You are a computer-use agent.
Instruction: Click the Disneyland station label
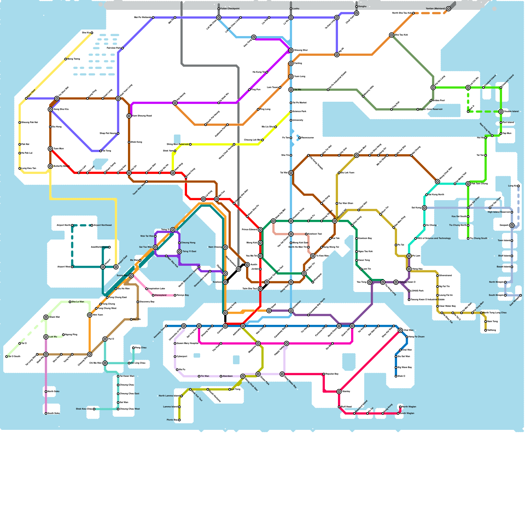pos(160,295)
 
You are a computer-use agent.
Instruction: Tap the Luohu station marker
pos(291,9)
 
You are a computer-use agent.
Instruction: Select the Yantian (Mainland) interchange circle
pos(449,9)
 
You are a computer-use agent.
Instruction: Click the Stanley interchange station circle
pos(339,391)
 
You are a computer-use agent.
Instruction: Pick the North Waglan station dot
pos(400,407)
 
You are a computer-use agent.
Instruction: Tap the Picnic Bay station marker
pos(179,420)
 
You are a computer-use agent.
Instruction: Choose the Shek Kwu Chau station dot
pos(94,409)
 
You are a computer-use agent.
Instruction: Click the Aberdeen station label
pos(228,376)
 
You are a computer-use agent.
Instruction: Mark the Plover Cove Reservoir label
pos(431,109)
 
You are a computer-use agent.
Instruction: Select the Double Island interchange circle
pos(501,112)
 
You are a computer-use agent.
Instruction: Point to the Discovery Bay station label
pos(147,302)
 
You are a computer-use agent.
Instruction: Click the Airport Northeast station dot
pos(92,225)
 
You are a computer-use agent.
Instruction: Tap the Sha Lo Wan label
pos(78,302)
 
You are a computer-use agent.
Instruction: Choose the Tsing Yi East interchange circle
pos(179,252)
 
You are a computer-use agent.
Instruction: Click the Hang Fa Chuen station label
pos(416,337)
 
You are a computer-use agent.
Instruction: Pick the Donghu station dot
pos(357,7)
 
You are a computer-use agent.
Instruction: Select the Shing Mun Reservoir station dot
pos(190,144)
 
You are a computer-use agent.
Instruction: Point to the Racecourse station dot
pos(300,138)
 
